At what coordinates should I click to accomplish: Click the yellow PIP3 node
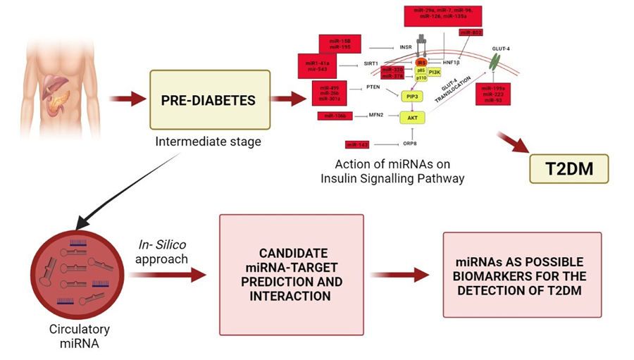pyautogui.click(x=411, y=96)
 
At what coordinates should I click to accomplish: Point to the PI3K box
pyautogui.click(x=435, y=73)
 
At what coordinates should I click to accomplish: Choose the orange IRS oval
pyautogui.click(x=423, y=63)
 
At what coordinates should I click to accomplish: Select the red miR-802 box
pyautogui.click(x=471, y=32)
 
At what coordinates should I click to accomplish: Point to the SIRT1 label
pyautogui.click(x=371, y=63)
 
